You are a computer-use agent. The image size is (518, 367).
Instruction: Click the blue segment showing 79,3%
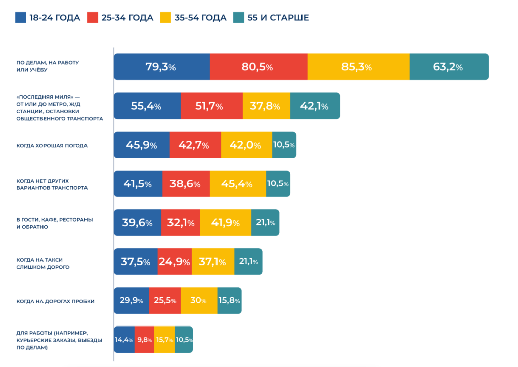pyautogui.click(x=161, y=67)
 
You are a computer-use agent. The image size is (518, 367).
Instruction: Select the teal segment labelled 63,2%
pyautogui.click(x=449, y=67)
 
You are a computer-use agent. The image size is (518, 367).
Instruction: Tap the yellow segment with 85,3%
pyautogui.click(x=358, y=67)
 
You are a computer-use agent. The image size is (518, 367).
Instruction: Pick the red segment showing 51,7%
pyautogui.click(x=211, y=106)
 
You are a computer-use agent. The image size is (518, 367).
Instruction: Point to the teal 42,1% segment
pyautogui.click(x=315, y=106)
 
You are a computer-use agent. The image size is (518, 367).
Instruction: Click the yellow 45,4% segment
pyautogui.click(x=238, y=184)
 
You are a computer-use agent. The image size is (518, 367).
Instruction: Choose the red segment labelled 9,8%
pyautogui.click(x=144, y=340)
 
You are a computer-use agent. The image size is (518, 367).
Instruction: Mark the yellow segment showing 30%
pyautogui.click(x=199, y=301)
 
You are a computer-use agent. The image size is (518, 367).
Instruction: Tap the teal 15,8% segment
pyautogui.click(x=229, y=301)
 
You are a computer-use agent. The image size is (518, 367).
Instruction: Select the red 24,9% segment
pyautogui.click(x=175, y=262)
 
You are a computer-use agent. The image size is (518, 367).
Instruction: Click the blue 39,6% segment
pyautogui.click(x=137, y=223)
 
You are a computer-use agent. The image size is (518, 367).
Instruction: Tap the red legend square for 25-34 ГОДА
pyautogui.click(x=92, y=18)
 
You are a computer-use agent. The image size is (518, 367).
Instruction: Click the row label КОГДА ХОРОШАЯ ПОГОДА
pyautogui.click(x=52, y=145)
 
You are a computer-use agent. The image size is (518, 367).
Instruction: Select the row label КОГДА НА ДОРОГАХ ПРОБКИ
pyautogui.click(x=56, y=301)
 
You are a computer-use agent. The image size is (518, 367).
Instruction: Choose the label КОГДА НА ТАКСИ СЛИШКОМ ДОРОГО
pyautogui.click(x=43, y=263)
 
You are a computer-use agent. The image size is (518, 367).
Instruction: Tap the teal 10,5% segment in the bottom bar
pyautogui.click(x=184, y=340)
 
